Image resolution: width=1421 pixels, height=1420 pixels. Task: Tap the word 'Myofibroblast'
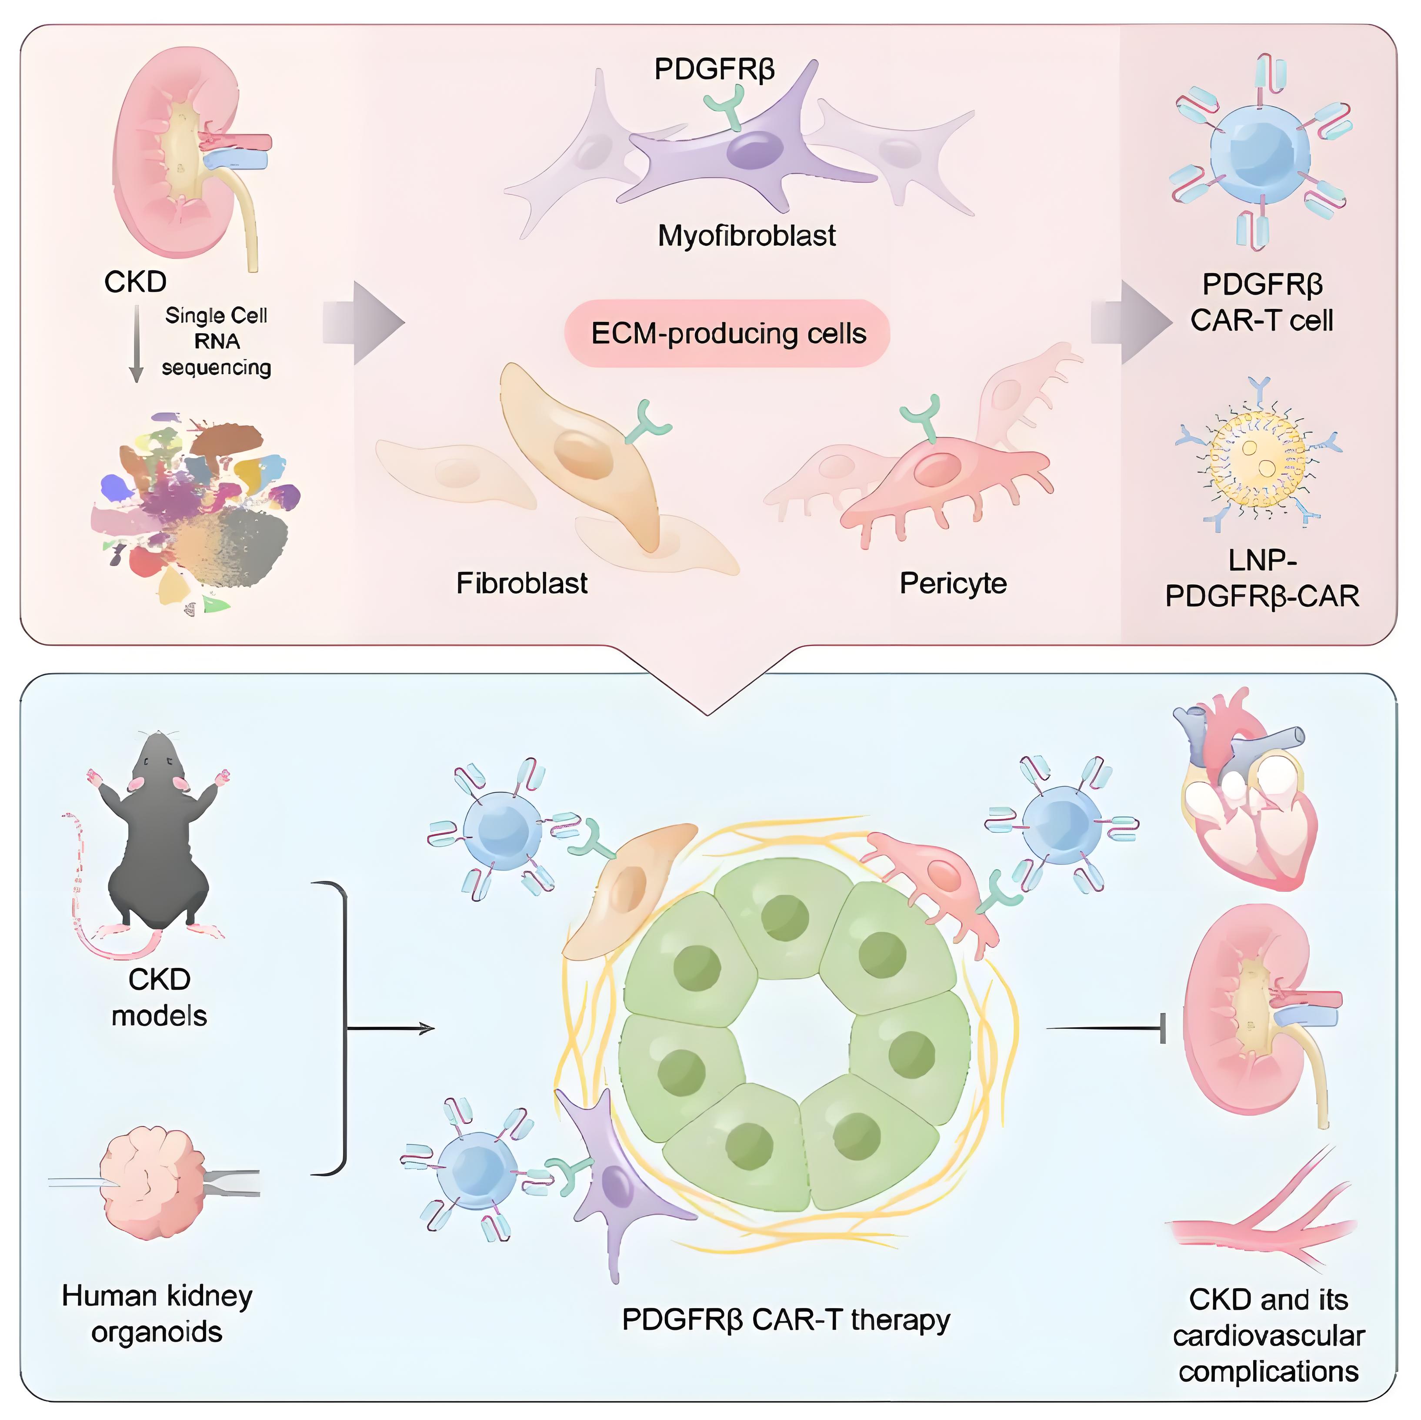(x=747, y=235)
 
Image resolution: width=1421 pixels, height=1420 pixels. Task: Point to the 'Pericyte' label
(x=953, y=583)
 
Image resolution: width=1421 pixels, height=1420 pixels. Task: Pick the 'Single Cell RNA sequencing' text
(x=216, y=342)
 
